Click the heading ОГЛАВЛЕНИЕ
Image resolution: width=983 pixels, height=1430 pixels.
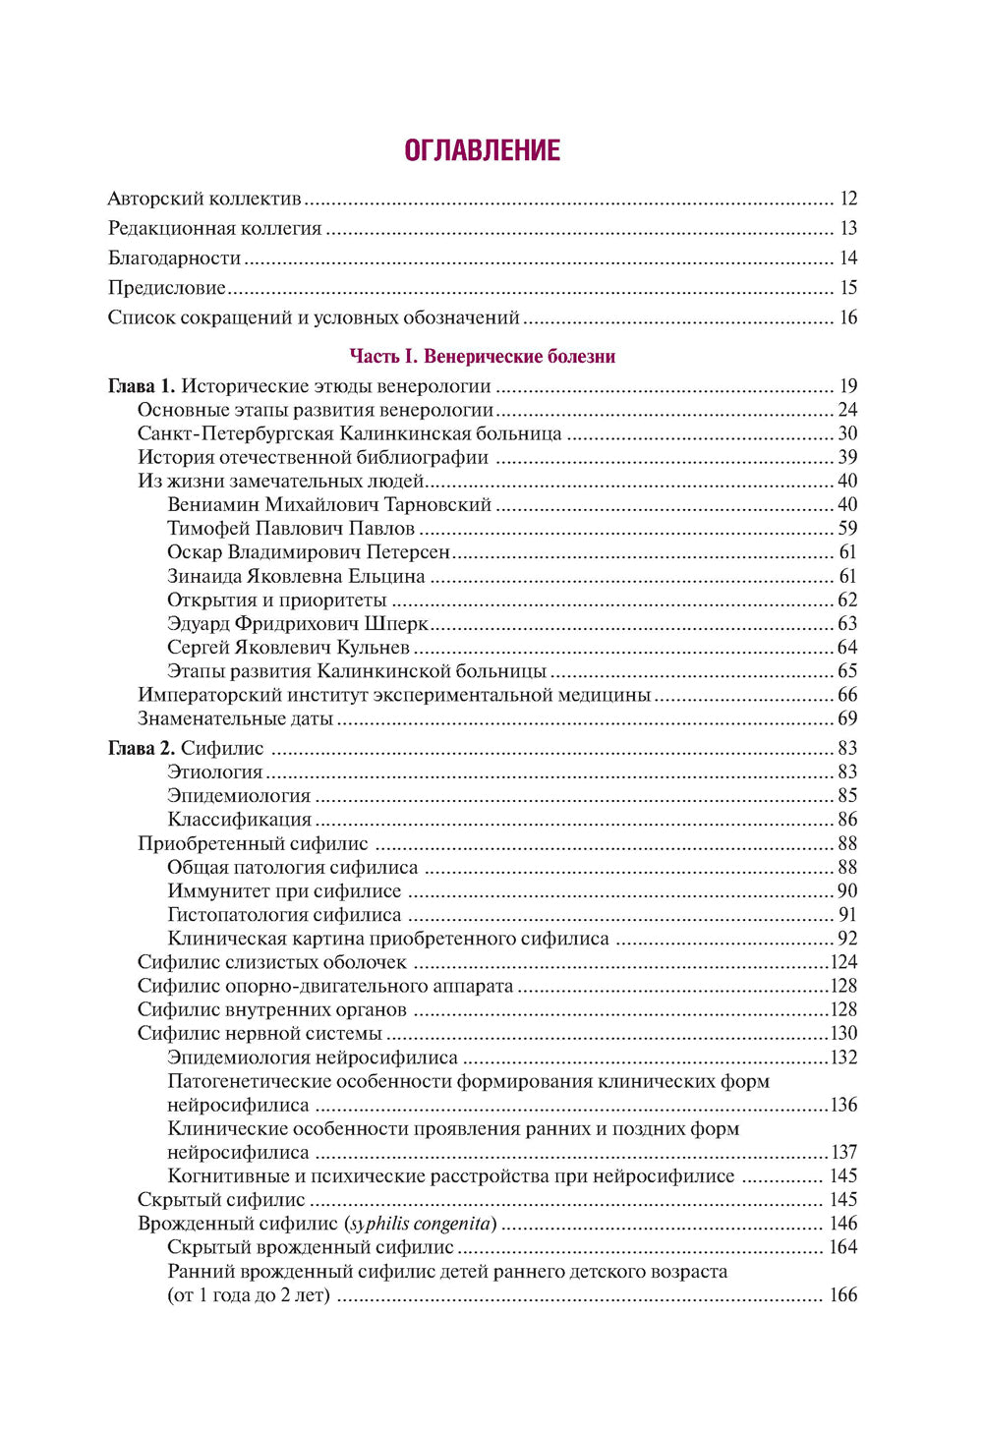click(482, 150)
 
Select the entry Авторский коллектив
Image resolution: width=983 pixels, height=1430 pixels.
click(204, 200)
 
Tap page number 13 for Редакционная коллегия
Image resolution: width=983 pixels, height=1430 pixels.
click(848, 229)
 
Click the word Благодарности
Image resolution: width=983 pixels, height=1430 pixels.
click(174, 258)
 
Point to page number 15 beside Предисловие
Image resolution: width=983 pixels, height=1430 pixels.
click(848, 288)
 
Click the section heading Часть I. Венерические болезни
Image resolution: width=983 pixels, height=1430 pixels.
click(482, 357)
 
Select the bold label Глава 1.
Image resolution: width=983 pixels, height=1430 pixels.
click(141, 386)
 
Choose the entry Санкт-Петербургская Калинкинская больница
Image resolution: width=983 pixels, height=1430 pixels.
click(349, 433)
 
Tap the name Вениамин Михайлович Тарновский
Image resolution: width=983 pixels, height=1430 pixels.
click(329, 505)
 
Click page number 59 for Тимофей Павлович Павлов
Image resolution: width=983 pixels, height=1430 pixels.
click(847, 529)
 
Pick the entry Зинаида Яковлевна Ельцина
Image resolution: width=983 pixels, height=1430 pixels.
click(296, 577)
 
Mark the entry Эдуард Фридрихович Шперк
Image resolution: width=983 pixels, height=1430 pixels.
click(298, 624)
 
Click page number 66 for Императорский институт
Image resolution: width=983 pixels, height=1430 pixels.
click(847, 695)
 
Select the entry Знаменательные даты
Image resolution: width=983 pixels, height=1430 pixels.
click(235, 719)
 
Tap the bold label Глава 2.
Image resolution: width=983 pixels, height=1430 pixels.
click(141, 749)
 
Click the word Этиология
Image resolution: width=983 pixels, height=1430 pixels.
click(215, 772)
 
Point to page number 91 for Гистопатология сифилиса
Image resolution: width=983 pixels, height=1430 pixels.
click(847, 915)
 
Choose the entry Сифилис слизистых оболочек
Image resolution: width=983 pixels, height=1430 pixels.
click(272, 963)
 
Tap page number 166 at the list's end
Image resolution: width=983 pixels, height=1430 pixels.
click(843, 1295)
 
